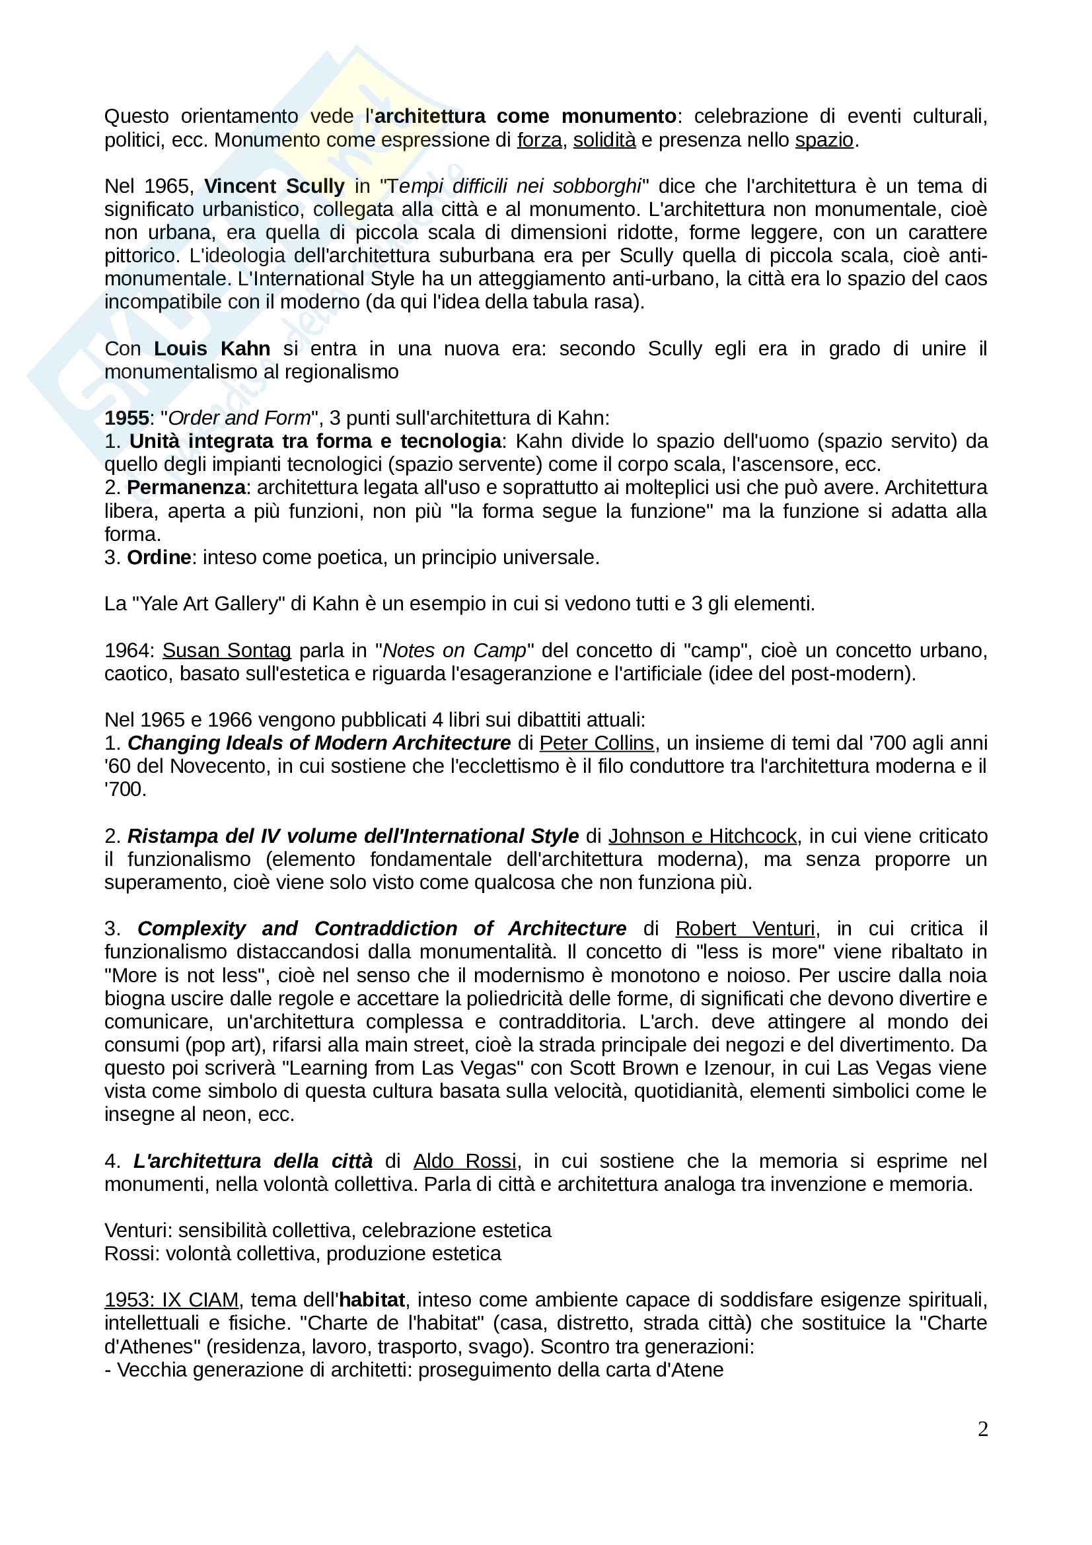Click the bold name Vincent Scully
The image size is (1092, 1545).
tap(274, 186)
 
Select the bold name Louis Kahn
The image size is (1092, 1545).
tap(212, 349)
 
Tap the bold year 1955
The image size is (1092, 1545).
tap(126, 418)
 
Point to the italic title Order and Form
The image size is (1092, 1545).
tap(239, 418)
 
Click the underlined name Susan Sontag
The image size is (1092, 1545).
tap(227, 650)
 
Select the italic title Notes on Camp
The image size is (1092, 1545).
tap(454, 650)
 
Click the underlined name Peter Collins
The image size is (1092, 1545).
tap(596, 743)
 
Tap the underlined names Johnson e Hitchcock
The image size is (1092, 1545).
tap(702, 836)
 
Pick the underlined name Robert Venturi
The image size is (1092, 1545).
tap(745, 929)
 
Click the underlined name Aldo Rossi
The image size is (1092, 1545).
tap(465, 1161)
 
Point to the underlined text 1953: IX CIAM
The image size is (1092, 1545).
tap(172, 1300)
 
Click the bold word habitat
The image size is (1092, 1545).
tap(372, 1300)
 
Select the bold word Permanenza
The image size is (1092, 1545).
tap(186, 487)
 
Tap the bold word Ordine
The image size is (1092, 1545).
tap(159, 557)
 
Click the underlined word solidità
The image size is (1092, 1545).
tap(604, 140)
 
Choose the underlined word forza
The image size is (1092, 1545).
tap(540, 140)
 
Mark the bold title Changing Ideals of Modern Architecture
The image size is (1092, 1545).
tap(319, 743)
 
